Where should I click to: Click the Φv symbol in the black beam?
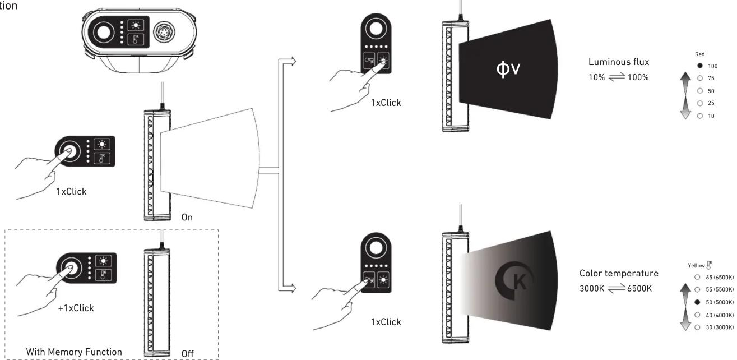tap(508, 69)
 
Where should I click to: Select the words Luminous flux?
tap(619, 62)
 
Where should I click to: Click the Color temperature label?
tap(619, 273)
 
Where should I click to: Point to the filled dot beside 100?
tap(700, 66)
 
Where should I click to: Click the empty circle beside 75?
tap(700, 78)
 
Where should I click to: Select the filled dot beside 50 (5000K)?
tap(697, 302)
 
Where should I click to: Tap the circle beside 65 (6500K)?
tap(697, 277)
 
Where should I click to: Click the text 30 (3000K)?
tap(720, 327)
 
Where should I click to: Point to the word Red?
tap(699, 54)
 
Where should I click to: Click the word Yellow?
tap(696, 266)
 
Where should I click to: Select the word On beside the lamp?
tap(187, 217)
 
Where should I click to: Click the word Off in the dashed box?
tap(187, 354)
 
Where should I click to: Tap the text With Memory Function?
tap(74, 352)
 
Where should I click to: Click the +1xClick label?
tap(76, 308)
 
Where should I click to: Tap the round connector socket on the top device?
tap(164, 32)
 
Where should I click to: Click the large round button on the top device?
tap(104, 33)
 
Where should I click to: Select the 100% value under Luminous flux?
tap(638, 77)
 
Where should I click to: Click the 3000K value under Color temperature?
tap(592, 289)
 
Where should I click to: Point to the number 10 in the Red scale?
tap(711, 116)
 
